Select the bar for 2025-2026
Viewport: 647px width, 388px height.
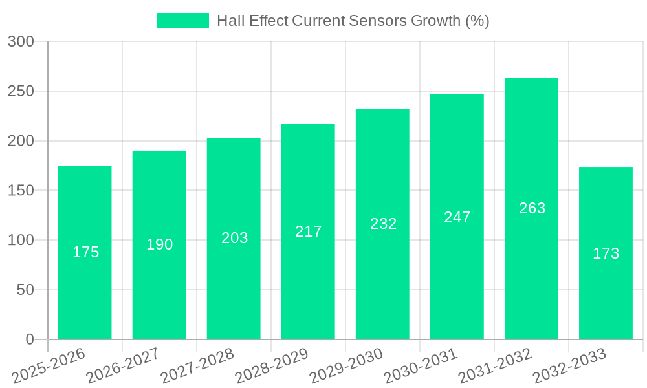tap(85, 252)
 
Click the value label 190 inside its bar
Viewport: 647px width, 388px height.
tap(159, 244)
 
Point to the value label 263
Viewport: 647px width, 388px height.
tap(532, 208)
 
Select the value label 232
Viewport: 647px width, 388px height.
tap(383, 224)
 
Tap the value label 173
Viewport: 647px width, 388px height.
tap(606, 253)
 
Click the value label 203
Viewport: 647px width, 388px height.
tap(234, 238)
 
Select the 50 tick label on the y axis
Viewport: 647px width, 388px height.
tap(25, 290)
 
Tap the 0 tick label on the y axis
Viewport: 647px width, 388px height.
tap(29, 339)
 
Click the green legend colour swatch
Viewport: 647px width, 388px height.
tap(183, 21)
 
